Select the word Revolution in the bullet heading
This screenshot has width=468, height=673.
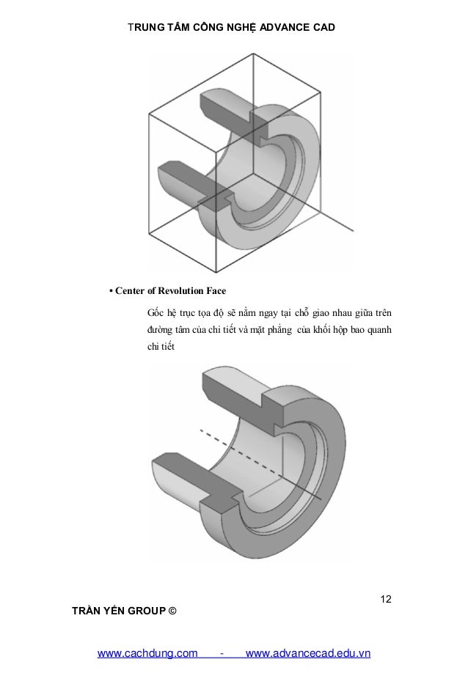[178, 290]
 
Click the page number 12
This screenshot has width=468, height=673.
[385, 600]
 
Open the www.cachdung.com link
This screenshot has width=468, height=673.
[148, 652]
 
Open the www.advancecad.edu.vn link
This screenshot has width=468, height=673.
[309, 652]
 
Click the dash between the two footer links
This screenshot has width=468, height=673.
[222, 652]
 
